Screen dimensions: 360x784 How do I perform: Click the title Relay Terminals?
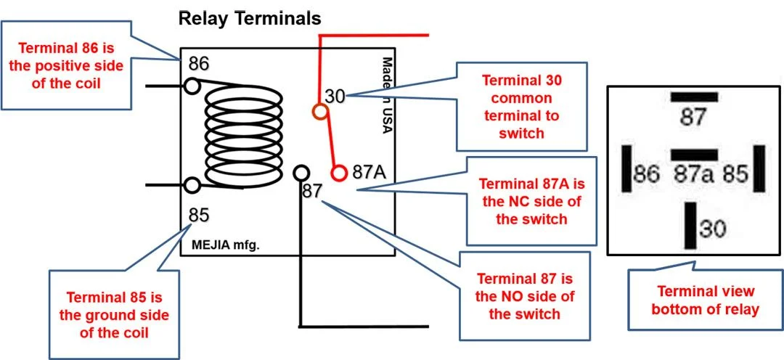pyautogui.click(x=250, y=17)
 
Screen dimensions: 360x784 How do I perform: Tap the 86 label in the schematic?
pyautogui.click(x=199, y=64)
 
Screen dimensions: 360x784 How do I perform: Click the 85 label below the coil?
pyautogui.click(x=199, y=215)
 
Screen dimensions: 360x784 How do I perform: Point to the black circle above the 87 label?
pyautogui.click(x=301, y=173)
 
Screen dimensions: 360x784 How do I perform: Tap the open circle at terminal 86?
pyautogui.click(x=192, y=86)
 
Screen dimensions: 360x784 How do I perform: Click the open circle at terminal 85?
pyautogui.click(x=192, y=185)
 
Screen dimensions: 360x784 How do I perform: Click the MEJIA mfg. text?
pyautogui.click(x=225, y=245)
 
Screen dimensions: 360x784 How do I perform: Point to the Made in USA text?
pyautogui.click(x=387, y=95)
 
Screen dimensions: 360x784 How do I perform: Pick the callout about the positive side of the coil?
pyautogui.click(x=70, y=66)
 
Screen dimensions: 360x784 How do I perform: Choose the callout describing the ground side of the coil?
pyautogui.click(x=117, y=314)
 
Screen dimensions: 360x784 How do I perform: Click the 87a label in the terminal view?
pyautogui.click(x=694, y=174)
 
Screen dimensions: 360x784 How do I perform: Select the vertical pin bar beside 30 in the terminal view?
pyautogui.click(x=690, y=226)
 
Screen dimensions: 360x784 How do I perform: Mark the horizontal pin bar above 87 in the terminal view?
pyautogui.click(x=694, y=97)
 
